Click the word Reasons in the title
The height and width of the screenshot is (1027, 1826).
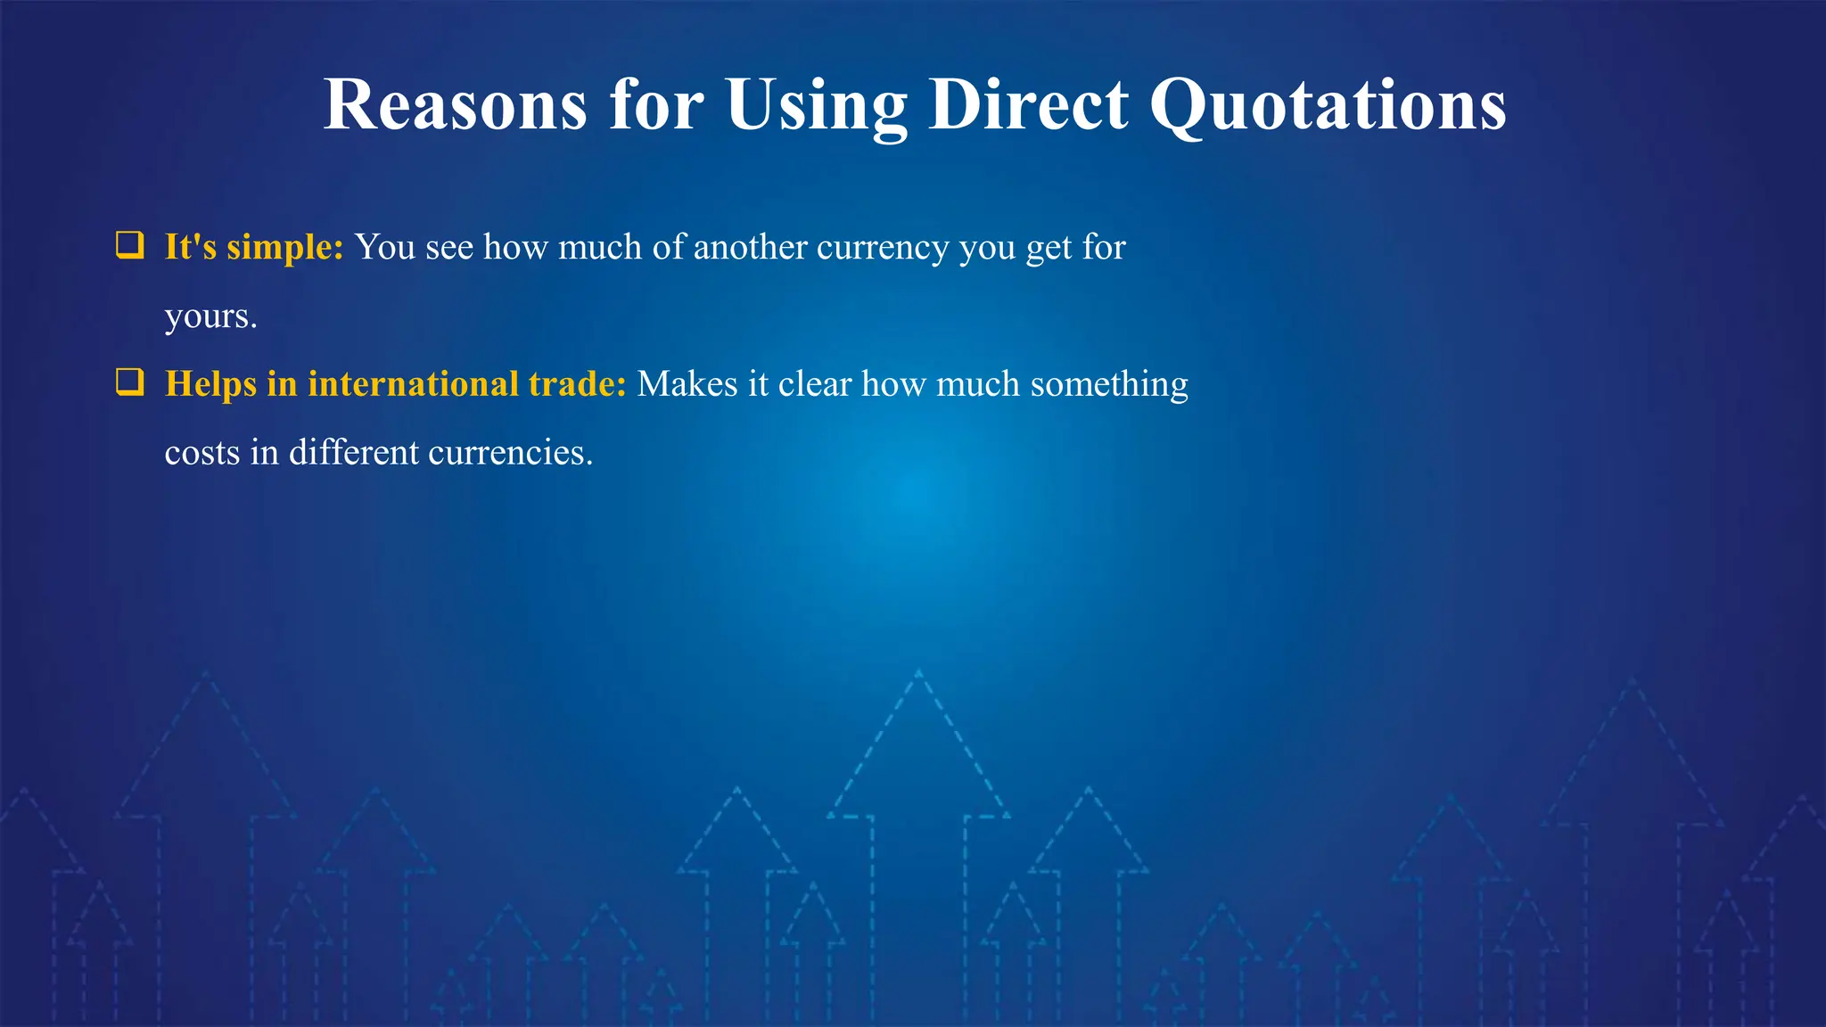tap(455, 105)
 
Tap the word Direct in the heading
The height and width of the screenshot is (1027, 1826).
tap(1028, 105)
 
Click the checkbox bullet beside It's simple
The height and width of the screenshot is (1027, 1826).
tap(130, 245)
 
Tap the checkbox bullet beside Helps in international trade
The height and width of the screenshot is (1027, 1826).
tap(130, 382)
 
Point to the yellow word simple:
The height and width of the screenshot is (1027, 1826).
tap(285, 248)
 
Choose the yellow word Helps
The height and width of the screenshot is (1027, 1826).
tap(211, 384)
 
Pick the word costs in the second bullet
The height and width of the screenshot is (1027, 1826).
tap(202, 453)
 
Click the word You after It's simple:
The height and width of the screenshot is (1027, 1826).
tap(385, 248)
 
